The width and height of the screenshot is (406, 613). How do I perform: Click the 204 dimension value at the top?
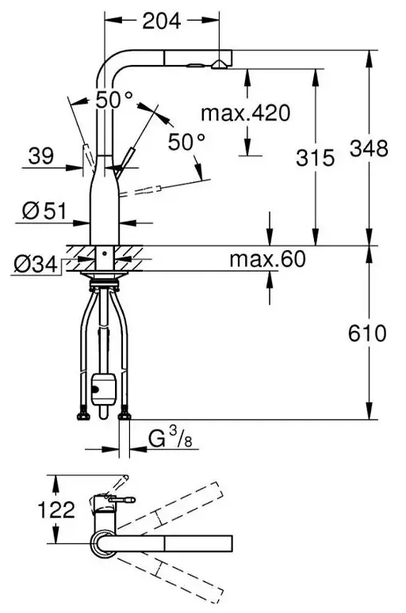coord(162,21)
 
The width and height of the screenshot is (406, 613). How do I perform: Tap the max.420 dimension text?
coord(246,113)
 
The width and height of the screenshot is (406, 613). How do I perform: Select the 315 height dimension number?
coord(315,158)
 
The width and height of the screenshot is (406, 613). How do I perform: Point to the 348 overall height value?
coord(369,148)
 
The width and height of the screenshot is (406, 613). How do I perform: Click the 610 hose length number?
coord(367,333)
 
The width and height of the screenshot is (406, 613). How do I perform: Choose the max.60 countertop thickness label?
coord(267,259)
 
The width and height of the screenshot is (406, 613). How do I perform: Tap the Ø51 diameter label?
coord(44,211)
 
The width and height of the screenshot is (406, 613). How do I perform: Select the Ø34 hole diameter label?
coord(36,265)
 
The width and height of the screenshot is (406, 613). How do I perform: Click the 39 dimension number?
coord(40,155)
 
